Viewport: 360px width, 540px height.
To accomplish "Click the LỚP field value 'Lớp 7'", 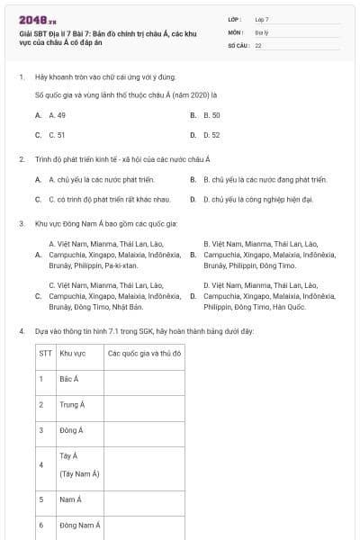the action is coord(262,19).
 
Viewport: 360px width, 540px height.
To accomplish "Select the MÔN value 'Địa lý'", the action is coord(260,31).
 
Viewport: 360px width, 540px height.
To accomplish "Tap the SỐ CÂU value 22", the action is coord(258,44).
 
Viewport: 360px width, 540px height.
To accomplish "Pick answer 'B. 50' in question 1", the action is coord(211,115).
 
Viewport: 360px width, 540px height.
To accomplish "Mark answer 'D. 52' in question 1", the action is coord(211,135).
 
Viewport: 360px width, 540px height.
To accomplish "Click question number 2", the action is coord(21,159).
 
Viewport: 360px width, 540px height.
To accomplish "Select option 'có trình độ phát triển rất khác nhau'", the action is coord(109,199).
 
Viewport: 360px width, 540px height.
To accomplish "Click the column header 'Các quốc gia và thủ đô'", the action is coord(145,354).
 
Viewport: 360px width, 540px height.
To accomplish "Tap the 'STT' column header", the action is coord(45,354).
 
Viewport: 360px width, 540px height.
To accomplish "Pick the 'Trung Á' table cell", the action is coord(72,405).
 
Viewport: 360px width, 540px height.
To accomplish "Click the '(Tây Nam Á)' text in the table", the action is coord(79,473).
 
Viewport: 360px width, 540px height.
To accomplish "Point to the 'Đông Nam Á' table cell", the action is coord(79,525).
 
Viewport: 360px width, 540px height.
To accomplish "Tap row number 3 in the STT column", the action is coord(41,430).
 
